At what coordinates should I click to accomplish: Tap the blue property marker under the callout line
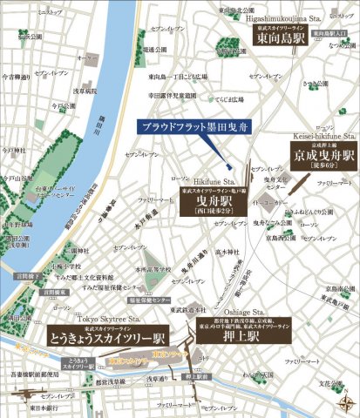pos(228,166)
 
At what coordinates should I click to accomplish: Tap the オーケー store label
pos(86,59)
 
